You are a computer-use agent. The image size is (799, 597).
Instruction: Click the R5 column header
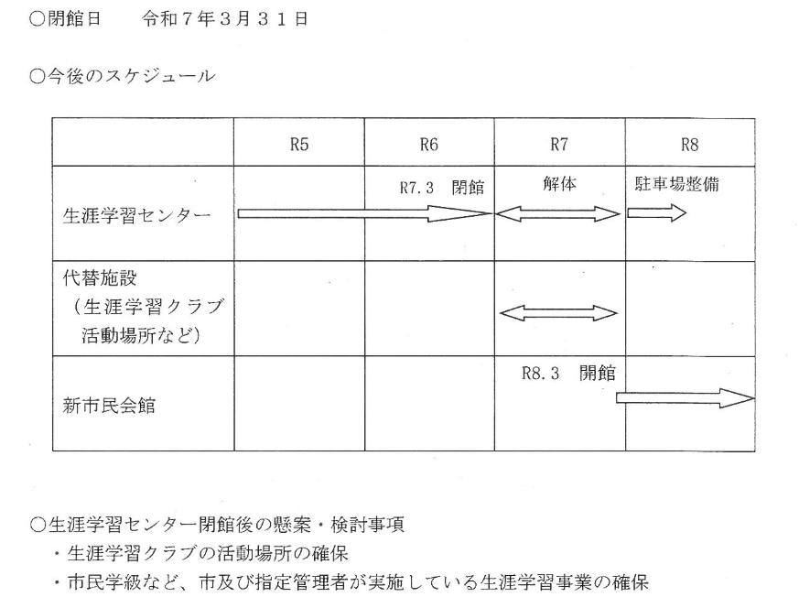tap(299, 145)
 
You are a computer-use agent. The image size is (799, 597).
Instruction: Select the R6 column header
tap(429, 145)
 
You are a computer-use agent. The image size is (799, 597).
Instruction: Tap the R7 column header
tap(559, 145)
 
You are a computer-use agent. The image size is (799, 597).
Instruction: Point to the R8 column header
tap(689, 145)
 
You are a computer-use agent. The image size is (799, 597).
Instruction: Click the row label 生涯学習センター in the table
tap(136, 216)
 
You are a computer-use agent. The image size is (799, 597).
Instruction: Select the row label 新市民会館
tap(109, 406)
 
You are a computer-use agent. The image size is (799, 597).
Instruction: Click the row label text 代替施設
tap(100, 277)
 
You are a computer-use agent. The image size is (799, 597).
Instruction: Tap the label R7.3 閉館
tap(442, 188)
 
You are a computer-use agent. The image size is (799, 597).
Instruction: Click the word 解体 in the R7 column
tap(559, 183)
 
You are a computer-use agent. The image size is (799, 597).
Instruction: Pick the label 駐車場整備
tap(676, 183)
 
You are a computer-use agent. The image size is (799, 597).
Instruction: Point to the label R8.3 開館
tap(568, 374)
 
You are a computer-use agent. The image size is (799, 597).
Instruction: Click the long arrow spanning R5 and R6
tap(365, 213)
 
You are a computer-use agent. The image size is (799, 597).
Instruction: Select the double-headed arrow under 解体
tap(558, 214)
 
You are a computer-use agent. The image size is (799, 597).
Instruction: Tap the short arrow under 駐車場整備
tap(657, 212)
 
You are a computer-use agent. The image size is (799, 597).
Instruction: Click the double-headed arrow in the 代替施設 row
tap(558, 313)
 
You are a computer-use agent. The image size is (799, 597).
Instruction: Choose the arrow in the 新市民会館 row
tap(686, 398)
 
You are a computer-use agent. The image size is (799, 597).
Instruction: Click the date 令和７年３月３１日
tap(225, 19)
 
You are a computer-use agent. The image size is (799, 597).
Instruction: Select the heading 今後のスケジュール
tap(123, 77)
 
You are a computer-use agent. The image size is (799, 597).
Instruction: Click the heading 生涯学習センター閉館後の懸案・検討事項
tap(217, 524)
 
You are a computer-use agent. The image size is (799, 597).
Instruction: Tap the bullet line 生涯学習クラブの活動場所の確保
tap(201, 553)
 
